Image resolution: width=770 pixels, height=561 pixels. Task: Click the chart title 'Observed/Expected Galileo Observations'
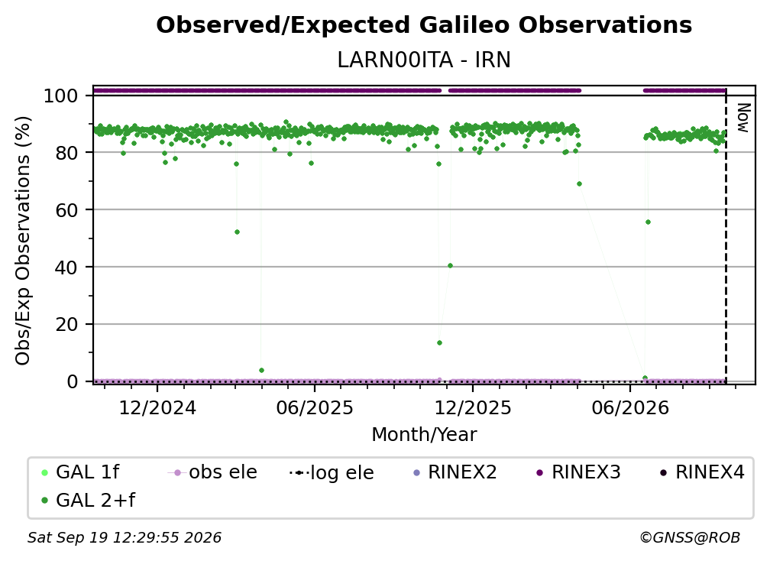424,25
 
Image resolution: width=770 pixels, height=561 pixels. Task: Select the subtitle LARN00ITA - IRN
424,60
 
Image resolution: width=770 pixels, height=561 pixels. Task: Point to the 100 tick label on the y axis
61,96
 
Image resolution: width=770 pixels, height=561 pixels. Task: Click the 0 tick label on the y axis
73,381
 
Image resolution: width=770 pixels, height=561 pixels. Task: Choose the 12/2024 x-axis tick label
157,408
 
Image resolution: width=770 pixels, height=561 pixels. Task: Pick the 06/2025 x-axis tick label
314,408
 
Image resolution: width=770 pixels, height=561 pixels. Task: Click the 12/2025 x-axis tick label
473,408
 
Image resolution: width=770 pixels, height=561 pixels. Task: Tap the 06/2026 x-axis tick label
630,408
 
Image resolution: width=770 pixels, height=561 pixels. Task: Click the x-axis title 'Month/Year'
424,435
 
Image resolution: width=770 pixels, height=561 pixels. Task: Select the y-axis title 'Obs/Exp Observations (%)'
23,241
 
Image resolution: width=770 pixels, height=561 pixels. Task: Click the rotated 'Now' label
744,118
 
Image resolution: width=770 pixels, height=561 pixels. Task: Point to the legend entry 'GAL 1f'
81,472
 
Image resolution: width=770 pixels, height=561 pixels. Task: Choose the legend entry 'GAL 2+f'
89,501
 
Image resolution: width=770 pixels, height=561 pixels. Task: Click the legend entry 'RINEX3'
578,472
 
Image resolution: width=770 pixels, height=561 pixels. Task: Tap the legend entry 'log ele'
332,473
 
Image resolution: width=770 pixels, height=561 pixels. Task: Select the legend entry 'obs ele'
212,472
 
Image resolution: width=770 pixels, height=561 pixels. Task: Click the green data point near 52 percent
237,232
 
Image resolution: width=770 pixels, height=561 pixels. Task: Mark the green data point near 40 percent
451,266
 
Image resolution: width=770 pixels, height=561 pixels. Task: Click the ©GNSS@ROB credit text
690,538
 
